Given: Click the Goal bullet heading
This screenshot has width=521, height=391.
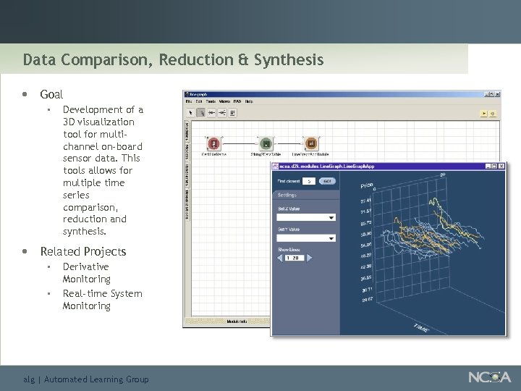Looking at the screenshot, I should tap(51, 94).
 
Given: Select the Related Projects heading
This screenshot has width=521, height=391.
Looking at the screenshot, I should tap(82, 251).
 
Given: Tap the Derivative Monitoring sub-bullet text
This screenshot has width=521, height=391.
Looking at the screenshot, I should tap(87, 273).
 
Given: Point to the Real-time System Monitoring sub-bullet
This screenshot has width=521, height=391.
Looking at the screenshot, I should tap(102, 300).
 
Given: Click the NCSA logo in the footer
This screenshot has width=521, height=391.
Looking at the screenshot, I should tap(489, 377).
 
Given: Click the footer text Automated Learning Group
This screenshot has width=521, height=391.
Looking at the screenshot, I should tap(96, 379).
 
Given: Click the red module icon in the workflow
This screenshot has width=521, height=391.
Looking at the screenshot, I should tap(213, 143).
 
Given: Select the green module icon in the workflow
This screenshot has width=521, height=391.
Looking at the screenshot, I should tap(266, 143).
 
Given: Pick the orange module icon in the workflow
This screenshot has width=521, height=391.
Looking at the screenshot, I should tap(311, 143).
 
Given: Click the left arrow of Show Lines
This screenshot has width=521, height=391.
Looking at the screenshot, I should tap(280, 258).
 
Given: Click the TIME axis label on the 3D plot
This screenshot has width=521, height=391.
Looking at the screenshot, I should tap(420, 328).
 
